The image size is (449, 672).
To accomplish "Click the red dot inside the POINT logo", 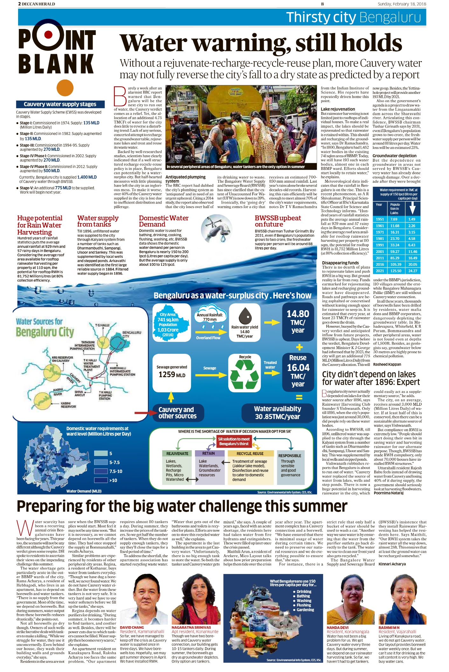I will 48,34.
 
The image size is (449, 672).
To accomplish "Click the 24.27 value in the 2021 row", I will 412,271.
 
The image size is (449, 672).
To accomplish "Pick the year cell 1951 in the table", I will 380,219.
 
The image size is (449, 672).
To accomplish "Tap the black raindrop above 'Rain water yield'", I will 245,315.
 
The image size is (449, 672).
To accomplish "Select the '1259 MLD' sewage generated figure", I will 172,375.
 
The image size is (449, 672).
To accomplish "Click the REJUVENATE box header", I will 177,453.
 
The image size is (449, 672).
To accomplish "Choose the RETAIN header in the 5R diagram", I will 209,453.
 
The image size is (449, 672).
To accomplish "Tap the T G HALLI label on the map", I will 102,325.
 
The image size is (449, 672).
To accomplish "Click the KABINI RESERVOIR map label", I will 68,405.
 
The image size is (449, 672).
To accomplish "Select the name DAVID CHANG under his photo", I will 132,627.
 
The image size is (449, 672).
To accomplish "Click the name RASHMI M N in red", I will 389,627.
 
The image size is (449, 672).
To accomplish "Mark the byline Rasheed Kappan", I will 387,364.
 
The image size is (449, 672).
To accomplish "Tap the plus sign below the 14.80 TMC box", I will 299,347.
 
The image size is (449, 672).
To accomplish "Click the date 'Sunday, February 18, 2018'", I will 402,4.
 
